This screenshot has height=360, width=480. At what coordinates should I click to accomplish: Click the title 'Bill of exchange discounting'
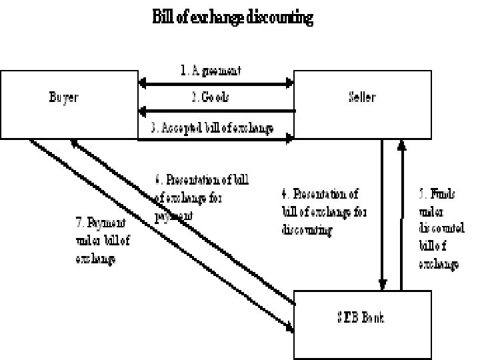[232, 18]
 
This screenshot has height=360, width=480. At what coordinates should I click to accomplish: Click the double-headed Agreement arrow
[215, 84]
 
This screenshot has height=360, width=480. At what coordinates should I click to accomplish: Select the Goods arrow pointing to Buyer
[215, 111]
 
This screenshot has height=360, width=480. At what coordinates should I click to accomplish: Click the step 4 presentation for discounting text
[324, 211]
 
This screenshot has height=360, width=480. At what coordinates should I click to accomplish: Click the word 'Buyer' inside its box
[63, 97]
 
